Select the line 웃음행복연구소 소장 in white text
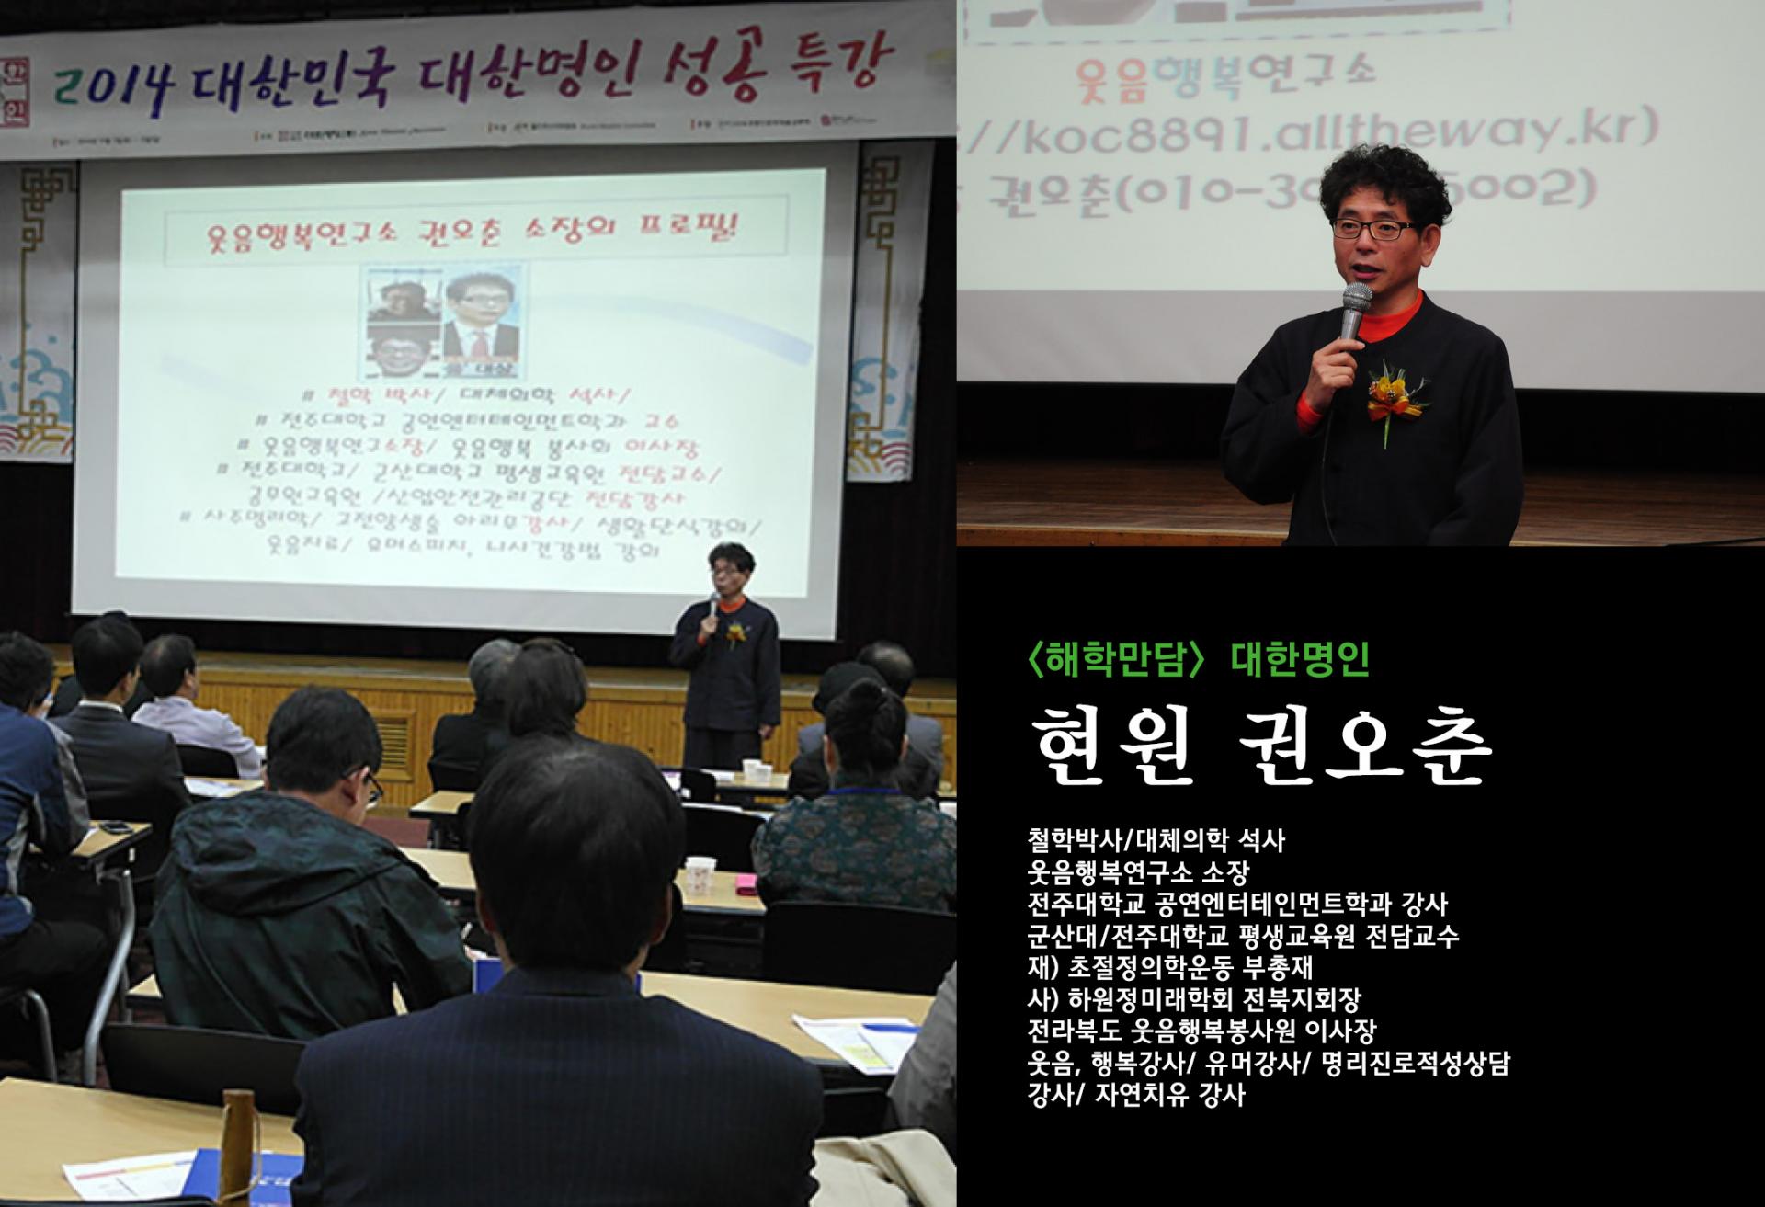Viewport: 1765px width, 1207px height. pos(1138,871)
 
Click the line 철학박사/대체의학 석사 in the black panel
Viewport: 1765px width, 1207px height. pos(1156,840)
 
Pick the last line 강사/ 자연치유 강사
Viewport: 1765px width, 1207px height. pos(1136,1095)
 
